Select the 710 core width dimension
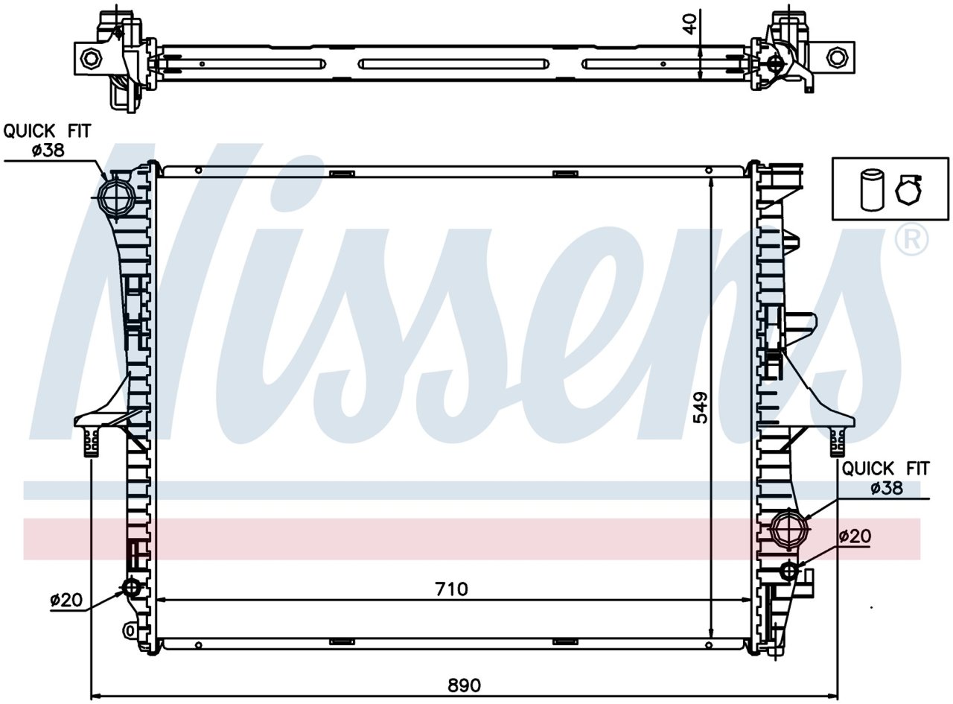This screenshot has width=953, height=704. coord(451,589)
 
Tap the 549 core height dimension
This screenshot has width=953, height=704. coord(701,408)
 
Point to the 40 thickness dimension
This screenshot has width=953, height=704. coord(690,24)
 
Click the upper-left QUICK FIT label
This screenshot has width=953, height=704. coord(47,131)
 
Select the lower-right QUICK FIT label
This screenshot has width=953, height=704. coord(885,469)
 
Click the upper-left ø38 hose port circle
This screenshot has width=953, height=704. coord(116,197)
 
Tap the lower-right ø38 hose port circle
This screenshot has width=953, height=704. coord(790,528)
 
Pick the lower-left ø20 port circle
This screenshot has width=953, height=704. coord(132,587)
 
